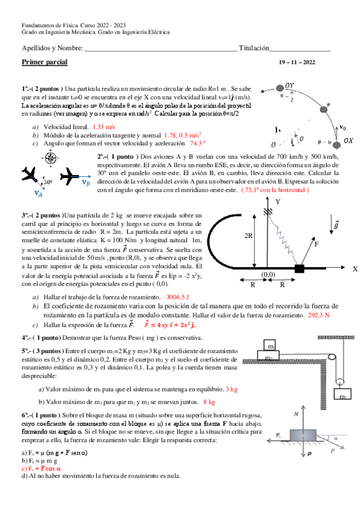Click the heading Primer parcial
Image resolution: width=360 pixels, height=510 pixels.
coord(44,62)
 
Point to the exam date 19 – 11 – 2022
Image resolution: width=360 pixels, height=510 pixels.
coord(297,63)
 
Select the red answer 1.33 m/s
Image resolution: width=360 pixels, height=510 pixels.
coord(104,127)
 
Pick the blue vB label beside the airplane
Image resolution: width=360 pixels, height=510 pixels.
coord(86,182)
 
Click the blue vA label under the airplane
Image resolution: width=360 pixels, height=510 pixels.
coord(38,193)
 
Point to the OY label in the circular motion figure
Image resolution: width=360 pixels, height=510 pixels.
coord(290,86)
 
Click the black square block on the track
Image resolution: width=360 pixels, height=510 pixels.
coord(299,268)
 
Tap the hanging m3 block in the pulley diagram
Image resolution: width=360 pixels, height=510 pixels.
coord(343,396)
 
